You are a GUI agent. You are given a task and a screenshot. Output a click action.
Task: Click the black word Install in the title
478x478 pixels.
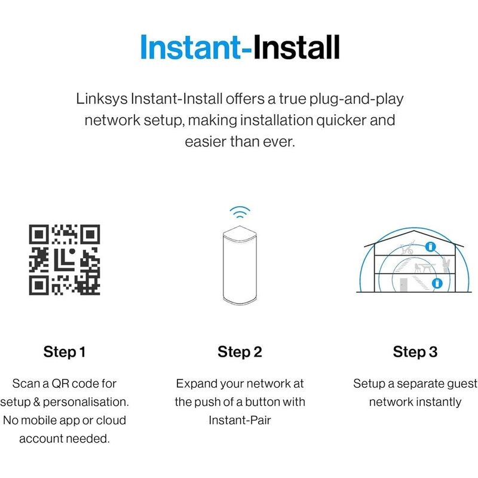[x=296, y=47]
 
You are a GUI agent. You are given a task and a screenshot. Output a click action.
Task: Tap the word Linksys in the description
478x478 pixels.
[x=102, y=99]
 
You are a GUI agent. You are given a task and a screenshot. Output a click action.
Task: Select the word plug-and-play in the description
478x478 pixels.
[x=356, y=99]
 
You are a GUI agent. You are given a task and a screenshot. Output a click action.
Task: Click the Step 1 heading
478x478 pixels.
[x=65, y=352]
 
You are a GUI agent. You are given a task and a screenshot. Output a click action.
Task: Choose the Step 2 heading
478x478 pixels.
[x=240, y=352]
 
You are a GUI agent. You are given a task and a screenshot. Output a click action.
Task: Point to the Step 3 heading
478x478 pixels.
[x=415, y=352]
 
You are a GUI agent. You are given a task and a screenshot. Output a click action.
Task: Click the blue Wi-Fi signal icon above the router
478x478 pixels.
[x=240, y=212]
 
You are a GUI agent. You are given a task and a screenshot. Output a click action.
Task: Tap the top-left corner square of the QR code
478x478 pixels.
[x=38, y=234]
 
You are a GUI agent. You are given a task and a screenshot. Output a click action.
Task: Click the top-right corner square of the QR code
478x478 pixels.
[x=90, y=234]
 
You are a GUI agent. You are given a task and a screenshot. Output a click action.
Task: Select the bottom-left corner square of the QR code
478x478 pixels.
[x=38, y=286]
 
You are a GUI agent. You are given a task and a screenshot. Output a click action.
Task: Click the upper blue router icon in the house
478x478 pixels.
[x=430, y=246]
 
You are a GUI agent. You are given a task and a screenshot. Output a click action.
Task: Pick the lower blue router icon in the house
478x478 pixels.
[x=437, y=283]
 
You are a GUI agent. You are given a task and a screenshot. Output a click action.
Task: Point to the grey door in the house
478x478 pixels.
[x=403, y=285]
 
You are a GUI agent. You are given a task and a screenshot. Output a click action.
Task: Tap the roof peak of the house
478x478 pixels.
[x=413, y=231]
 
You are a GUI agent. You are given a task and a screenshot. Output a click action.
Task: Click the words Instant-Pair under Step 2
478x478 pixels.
[x=240, y=421]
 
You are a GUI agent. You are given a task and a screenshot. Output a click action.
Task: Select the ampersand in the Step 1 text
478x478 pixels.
[x=36, y=402]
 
